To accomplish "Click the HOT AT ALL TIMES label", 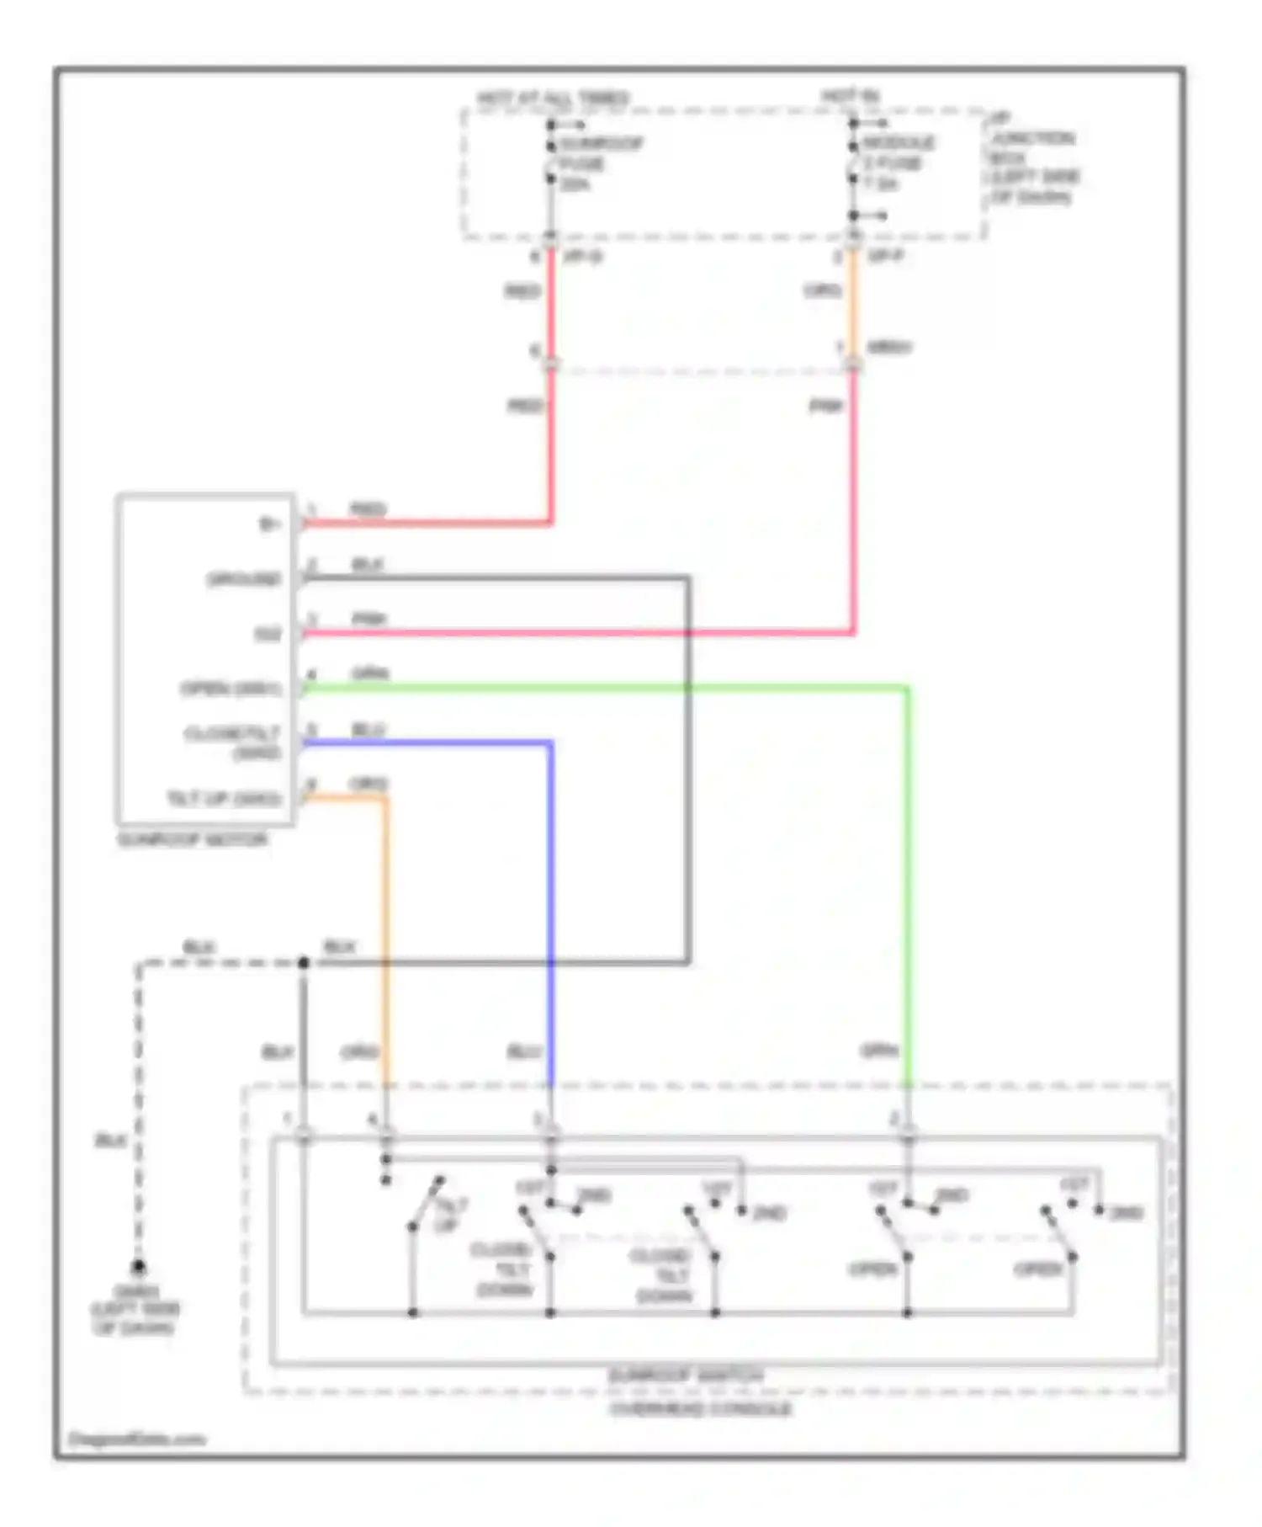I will (x=553, y=98).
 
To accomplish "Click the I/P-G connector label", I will (x=582, y=256).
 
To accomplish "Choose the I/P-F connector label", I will (x=884, y=256).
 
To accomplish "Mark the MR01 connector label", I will (x=889, y=347).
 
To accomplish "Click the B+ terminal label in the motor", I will (x=268, y=524).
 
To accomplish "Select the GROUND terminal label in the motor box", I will (x=244, y=579).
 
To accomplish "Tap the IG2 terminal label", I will (x=268, y=634).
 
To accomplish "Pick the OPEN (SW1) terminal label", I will (x=231, y=689).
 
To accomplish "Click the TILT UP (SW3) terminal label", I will (x=224, y=798).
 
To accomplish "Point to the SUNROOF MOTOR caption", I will (x=193, y=840).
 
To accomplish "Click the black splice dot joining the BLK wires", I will (x=304, y=962).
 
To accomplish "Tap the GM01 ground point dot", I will (x=139, y=1266).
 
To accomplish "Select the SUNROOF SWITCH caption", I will (x=687, y=1375).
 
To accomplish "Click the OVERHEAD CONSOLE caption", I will (x=701, y=1408).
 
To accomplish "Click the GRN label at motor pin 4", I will (x=370, y=674).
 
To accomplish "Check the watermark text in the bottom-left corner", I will (x=136, y=1439).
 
